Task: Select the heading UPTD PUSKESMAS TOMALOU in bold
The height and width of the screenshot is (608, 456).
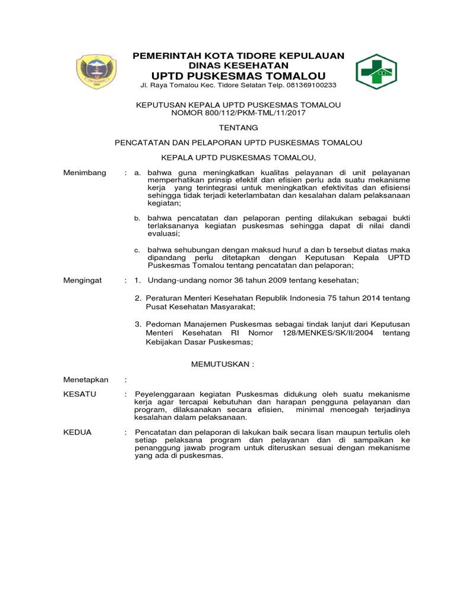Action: (238, 76)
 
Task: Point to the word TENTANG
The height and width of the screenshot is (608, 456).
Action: (238, 127)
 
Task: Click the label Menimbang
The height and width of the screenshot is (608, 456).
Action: (85, 172)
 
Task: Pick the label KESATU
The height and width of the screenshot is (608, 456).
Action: (80, 394)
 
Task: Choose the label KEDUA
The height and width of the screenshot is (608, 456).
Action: (78, 432)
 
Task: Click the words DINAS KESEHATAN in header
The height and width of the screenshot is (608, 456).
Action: (238, 65)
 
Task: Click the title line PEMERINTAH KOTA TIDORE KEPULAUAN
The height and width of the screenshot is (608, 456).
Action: (238, 56)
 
